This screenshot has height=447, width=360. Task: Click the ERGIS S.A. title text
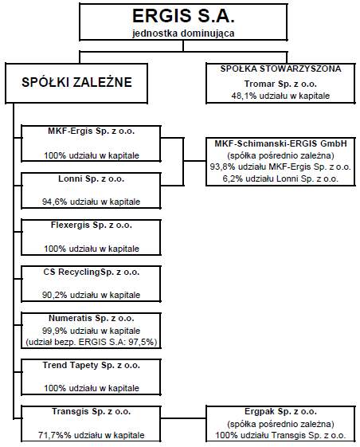[183, 16]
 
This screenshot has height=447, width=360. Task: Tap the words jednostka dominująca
[183, 33]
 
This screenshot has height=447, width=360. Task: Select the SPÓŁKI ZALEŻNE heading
[76, 82]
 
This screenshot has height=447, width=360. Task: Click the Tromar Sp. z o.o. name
[280, 84]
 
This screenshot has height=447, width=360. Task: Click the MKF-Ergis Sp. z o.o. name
[92, 131]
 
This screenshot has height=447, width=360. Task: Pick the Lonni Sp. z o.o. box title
[92, 178]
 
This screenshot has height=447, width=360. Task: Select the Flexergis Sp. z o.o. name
[92, 225]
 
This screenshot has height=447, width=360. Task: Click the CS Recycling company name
[92, 272]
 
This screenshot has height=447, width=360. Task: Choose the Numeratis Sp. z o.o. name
[92, 318]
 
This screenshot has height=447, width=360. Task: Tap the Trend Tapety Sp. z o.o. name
[92, 365]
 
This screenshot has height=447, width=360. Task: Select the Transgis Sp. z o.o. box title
[92, 412]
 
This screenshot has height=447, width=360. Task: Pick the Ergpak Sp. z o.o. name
[280, 412]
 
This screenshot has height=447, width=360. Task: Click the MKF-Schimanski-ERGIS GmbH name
[280, 143]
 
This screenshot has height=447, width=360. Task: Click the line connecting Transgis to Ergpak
[183, 418]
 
